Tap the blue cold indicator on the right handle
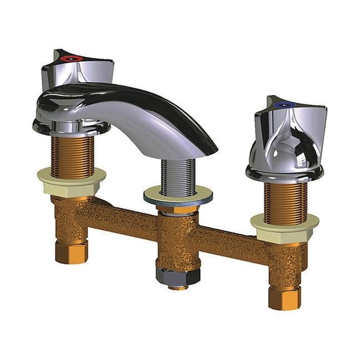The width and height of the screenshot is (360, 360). tap(281, 106)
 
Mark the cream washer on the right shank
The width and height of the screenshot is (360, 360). tap(284, 221)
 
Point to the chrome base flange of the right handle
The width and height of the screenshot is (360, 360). tap(284, 172)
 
